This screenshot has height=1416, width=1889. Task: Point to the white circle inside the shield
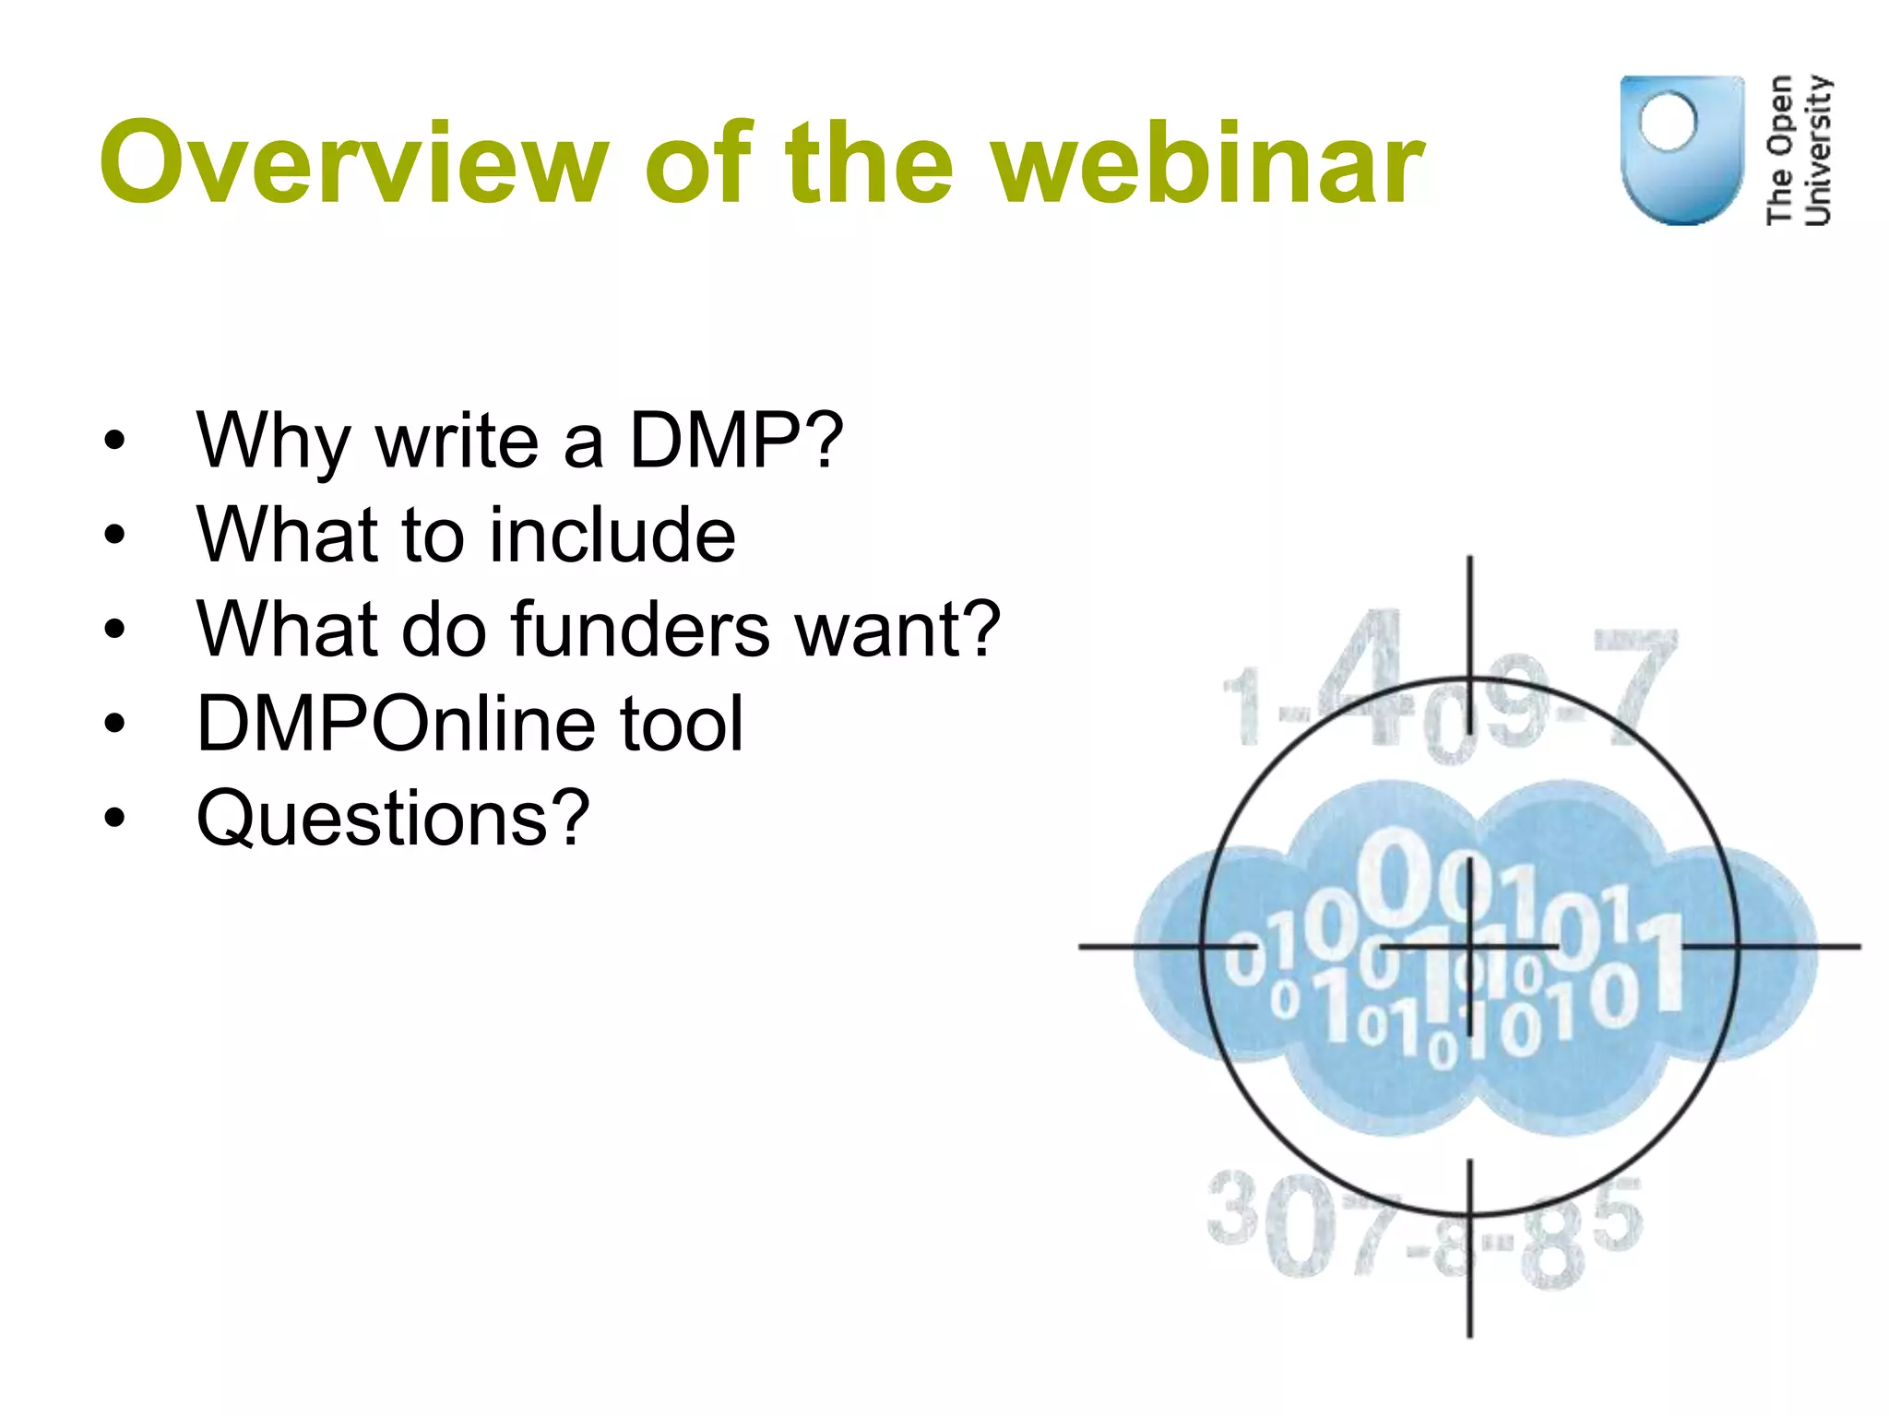point(1668,121)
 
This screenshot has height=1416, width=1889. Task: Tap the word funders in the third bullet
point(640,629)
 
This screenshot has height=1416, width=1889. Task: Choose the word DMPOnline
point(396,724)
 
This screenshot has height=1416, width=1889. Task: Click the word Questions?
point(393,818)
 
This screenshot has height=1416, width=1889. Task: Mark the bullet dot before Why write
point(114,441)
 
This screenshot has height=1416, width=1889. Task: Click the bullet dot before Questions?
point(114,818)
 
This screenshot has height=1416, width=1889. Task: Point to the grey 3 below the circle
point(1232,1208)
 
